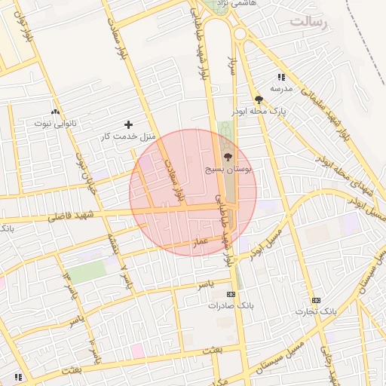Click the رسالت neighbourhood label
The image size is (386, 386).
tap(310, 21)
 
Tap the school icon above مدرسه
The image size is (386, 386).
tap(281, 77)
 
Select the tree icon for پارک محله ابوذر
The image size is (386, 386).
tap(259, 100)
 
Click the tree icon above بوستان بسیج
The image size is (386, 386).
tap(228, 158)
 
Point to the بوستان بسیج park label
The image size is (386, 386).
tap(231, 170)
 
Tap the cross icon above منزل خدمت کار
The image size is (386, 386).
tap(128, 124)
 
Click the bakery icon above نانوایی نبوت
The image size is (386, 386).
tap(54, 111)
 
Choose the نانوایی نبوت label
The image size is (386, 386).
tap(54, 122)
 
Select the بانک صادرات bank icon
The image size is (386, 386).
tap(231, 294)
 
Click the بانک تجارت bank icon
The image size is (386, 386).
tap(315, 300)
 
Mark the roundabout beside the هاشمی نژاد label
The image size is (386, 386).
tap(240, 33)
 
